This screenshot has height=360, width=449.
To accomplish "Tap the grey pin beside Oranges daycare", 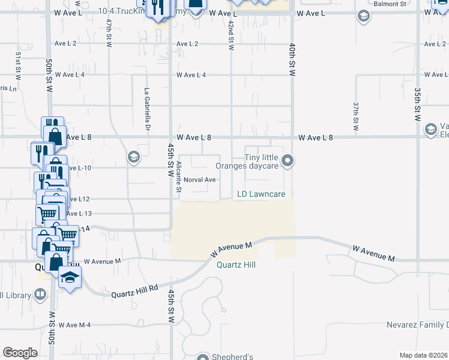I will [x=288, y=160].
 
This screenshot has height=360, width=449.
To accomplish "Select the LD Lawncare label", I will [x=261, y=194].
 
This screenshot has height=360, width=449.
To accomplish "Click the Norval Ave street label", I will [x=199, y=179].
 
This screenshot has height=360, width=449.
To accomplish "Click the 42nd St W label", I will [x=231, y=33].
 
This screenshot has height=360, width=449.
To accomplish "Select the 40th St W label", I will [x=292, y=59].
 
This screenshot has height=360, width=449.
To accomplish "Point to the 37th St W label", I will [x=356, y=116].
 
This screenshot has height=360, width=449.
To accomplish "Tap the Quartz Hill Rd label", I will [x=134, y=291].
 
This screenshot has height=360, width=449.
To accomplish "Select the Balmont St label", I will [x=406, y=4].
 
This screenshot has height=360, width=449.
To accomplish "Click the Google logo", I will [x=20, y=353].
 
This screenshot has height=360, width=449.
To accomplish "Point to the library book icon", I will [x=40, y=295].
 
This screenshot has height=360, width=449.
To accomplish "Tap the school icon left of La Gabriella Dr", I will [x=133, y=157].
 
